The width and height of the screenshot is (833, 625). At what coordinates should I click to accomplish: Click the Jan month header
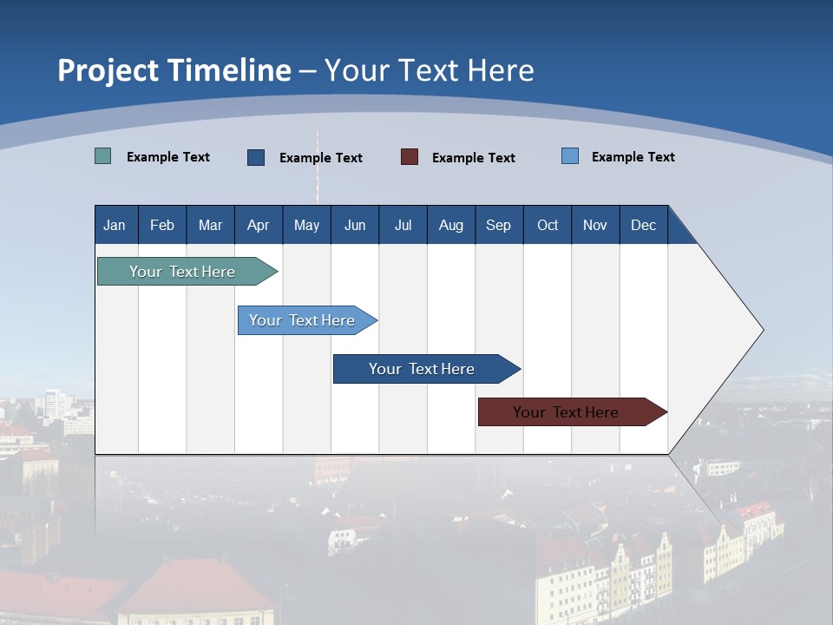click(115, 225)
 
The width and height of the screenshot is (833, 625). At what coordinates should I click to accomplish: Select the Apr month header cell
click(259, 225)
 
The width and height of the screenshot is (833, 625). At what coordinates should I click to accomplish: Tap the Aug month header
click(451, 225)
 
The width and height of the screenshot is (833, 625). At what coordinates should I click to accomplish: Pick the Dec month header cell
click(644, 225)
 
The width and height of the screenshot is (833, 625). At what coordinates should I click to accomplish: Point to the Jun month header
click(355, 225)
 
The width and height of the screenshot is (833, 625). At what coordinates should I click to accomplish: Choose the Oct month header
click(548, 225)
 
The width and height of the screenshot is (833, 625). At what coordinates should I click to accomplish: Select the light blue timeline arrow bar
click(304, 320)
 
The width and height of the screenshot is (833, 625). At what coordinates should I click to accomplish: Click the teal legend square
click(102, 156)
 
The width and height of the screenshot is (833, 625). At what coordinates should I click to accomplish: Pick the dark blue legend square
click(256, 157)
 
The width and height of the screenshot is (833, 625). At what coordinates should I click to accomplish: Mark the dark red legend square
click(410, 157)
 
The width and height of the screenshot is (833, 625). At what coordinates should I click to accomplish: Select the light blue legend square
click(570, 156)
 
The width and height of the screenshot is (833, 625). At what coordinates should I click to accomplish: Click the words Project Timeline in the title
click(174, 70)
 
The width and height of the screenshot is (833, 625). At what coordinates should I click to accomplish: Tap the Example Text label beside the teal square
click(168, 157)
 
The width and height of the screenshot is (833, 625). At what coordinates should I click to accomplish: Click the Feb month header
click(162, 225)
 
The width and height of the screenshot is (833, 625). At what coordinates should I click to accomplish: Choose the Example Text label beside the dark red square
click(474, 158)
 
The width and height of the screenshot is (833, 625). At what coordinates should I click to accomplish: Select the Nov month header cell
click(595, 225)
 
